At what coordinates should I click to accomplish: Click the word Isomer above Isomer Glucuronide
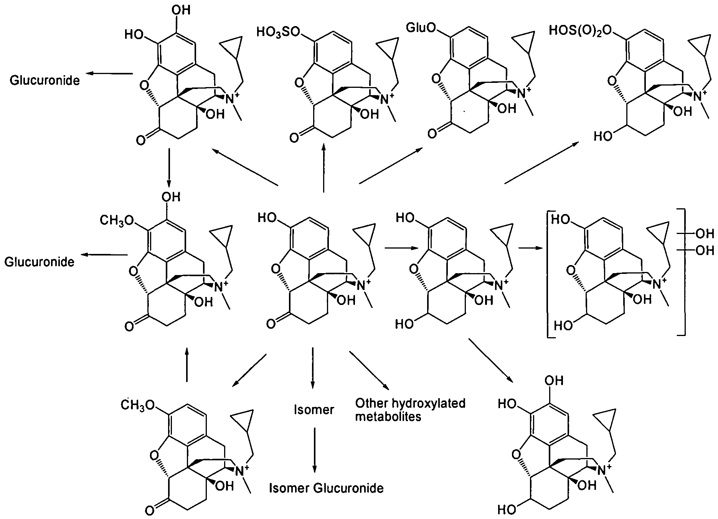pyautogui.click(x=314, y=410)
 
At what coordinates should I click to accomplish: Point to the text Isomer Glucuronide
pyautogui.click(x=326, y=488)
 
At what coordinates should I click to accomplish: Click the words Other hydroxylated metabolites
pyautogui.click(x=410, y=410)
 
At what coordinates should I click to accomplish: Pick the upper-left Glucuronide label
pyautogui.click(x=45, y=80)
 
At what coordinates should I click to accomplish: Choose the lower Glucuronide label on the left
pyautogui.click(x=39, y=262)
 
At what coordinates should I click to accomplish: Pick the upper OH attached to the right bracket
pyautogui.click(x=705, y=233)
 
